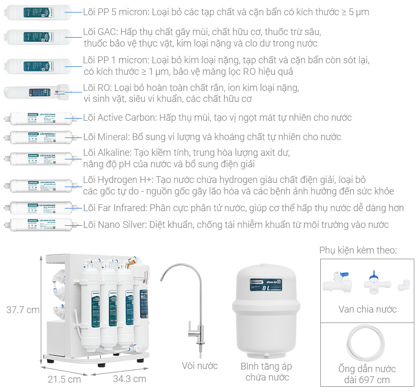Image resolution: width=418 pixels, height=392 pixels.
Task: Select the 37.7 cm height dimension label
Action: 22,309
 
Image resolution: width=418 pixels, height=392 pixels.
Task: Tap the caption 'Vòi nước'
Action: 200,366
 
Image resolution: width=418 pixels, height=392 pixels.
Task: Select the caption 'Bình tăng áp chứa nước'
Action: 264,371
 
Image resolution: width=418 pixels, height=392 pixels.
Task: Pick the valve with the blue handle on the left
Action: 335,282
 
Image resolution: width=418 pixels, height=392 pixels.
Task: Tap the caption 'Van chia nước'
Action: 367,309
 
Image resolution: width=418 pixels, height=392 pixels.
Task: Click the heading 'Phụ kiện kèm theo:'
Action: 358,251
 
